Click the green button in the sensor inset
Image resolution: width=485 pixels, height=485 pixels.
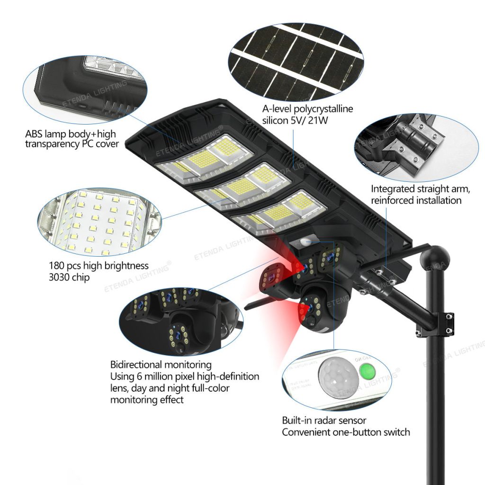tap(367, 370)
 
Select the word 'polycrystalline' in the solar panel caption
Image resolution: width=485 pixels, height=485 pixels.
tap(323, 109)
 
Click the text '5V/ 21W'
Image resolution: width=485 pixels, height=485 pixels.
tap(309, 120)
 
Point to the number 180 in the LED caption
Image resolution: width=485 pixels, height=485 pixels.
tap(57, 266)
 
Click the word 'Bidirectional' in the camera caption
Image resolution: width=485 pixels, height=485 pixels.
tap(136, 365)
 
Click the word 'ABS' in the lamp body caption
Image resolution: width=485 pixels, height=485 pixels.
tap(34, 134)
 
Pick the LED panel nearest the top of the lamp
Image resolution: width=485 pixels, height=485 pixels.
tap(205, 157)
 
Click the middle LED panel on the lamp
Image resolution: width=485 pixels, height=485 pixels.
tap(243, 186)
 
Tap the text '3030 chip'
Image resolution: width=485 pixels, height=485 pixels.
tap(69, 277)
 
